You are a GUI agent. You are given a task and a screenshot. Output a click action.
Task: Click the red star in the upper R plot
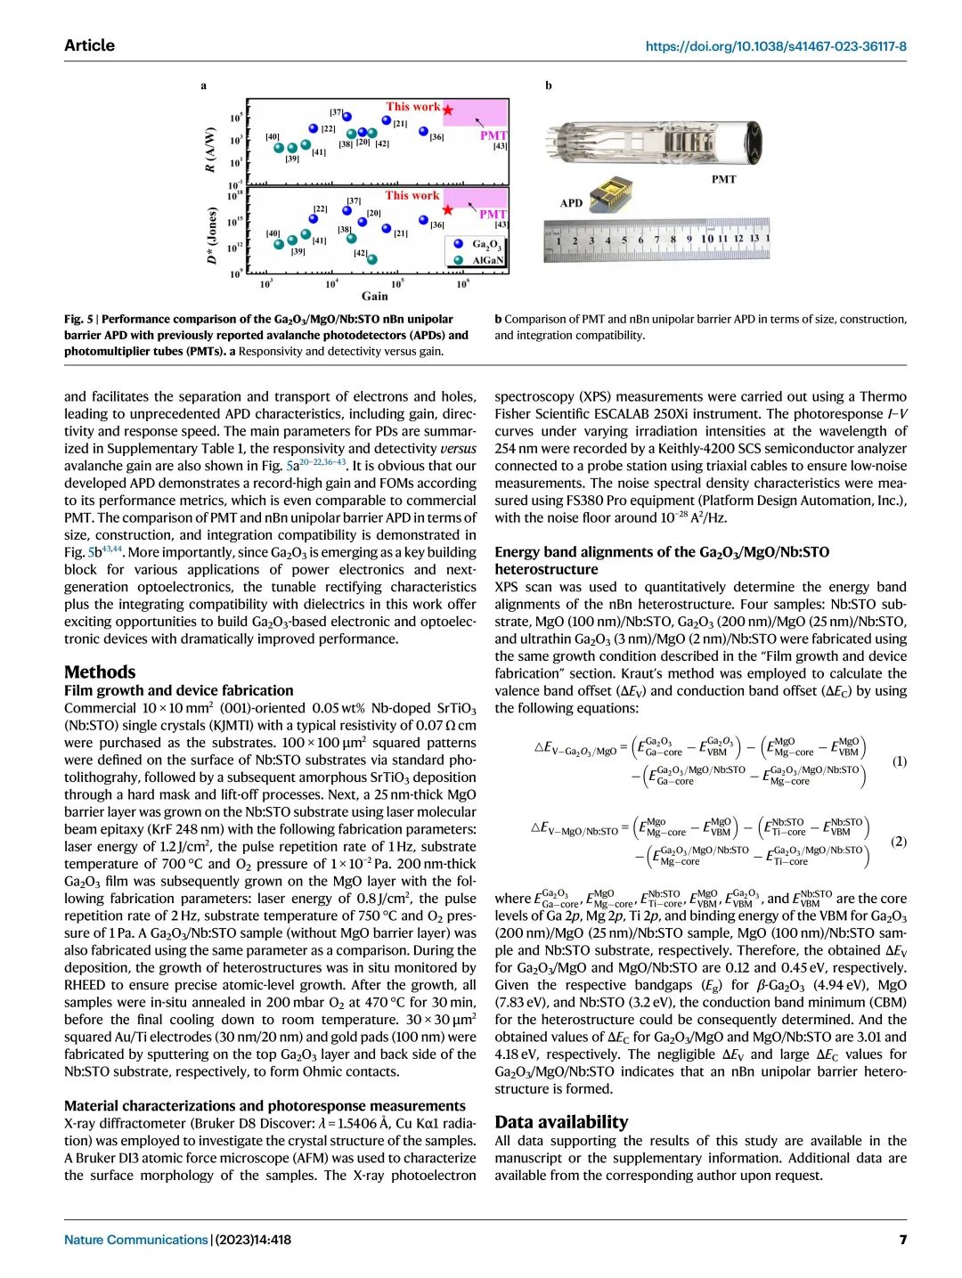tap(448, 110)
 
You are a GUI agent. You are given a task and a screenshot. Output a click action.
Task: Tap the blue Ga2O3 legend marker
tap(458, 243)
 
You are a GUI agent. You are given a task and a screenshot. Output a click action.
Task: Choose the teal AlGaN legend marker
tap(458, 260)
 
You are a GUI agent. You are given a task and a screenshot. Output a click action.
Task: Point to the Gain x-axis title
tap(374, 296)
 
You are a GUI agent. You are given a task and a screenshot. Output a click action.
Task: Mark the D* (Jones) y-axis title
tap(211, 236)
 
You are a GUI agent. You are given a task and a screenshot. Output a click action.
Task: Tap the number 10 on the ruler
tap(706, 239)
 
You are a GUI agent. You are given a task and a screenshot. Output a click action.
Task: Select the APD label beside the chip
tap(571, 203)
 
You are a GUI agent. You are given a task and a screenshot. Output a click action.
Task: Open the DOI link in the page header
tap(776, 46)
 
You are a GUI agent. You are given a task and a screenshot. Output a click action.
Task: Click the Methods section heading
tap(100, 672)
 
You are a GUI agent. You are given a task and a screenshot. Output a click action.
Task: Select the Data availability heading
tap(561, 1122)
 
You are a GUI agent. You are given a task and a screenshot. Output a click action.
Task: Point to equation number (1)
tap(899, 761)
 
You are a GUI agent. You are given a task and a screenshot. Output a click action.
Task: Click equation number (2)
tap(899, 842)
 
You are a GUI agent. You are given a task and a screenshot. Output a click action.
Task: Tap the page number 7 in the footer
tap(902, 1240)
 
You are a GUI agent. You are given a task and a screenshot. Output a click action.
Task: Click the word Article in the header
tap(89, 45)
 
